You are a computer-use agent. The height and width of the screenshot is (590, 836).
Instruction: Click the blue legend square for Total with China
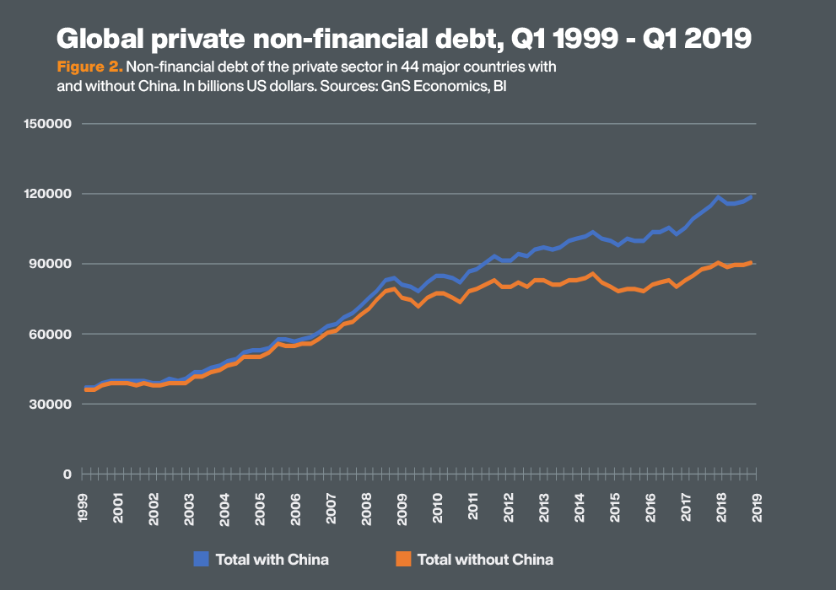pyautogui.click(x=200, y=558)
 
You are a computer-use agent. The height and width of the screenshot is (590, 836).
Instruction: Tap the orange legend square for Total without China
pyautogui.click(x=402, y=558)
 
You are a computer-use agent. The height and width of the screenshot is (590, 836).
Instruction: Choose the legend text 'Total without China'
pyautogui.click(x=485, y=559)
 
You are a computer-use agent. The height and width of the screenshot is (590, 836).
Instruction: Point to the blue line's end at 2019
pyautogui.click(x=751, y=196)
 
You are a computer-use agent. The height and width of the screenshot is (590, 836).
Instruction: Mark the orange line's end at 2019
pyautogui.click(x=751, y=263)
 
